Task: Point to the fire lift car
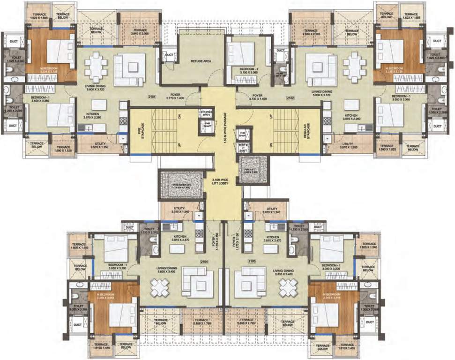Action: click(253, 169)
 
